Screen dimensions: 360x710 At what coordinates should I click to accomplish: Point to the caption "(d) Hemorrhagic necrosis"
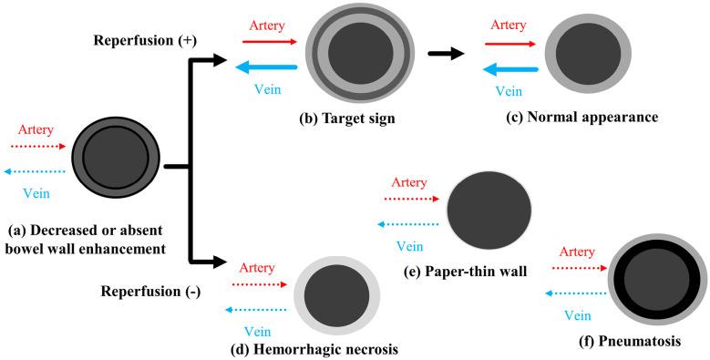click(315, 347)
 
